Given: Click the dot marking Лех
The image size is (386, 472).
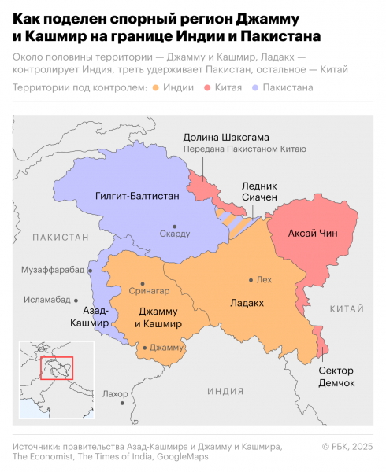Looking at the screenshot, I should pyautogui.click(x=251, y=280).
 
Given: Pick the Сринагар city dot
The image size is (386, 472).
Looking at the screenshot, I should pyautogui.click(x=142, y=283).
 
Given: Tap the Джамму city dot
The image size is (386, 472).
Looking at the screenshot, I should pyautogui.click(x=144, y=347).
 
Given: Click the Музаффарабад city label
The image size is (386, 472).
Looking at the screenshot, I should pyautogui.click(x=50, y=270).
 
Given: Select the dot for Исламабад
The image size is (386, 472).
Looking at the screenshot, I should pyautogui.click(x=76, y=300).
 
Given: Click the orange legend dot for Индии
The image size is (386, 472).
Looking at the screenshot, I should pyautogui.click(x=157, y=88).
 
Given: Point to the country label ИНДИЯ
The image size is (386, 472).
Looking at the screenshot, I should pyautogui.click(x=225, y=391).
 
